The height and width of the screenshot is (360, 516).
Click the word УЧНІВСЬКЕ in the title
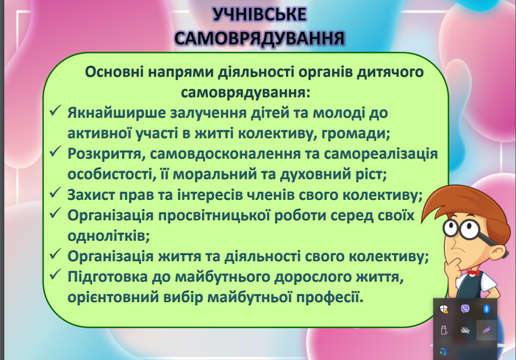pyautogui.click(x=260, y=15)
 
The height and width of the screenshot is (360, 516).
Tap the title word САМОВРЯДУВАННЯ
pyautogui.click(x=260, y=38)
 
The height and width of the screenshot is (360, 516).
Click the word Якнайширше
pyautogui.click(x=117, y=113)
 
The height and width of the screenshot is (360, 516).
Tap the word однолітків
pyautogui.click(x=109, y=236)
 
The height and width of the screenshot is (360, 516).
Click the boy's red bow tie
pyautogui.click(x=473, y=273)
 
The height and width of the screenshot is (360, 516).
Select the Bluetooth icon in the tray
pyautogui.click(x=486, y=309)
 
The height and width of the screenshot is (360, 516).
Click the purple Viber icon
pyautogui.click(x=465, y=309)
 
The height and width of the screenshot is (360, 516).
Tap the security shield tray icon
pyautogui.click(x=444, y=309)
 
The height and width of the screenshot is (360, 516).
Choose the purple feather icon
pyautogui.click(x=486, y=330)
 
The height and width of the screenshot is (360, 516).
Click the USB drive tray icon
pyautogui.click(x=444, y=330)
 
